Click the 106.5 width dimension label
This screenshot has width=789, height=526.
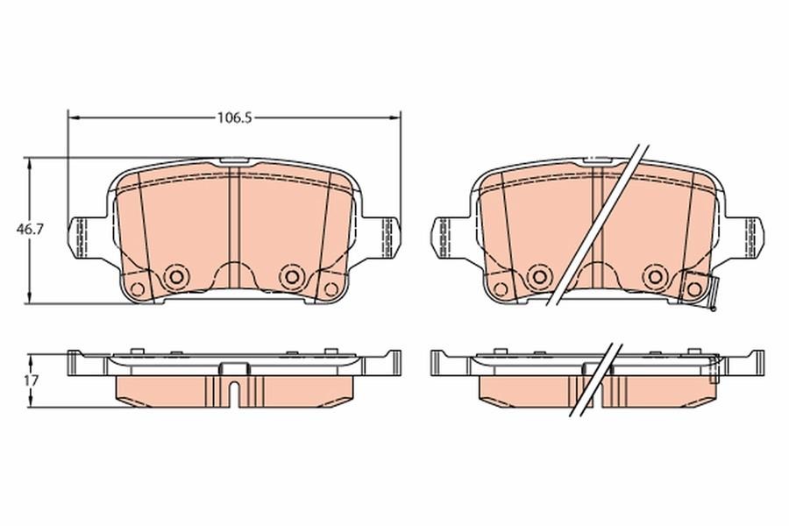pyautogui.click(x=234, y=117)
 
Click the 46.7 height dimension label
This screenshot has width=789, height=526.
pyautogui.click(x=30, y=229)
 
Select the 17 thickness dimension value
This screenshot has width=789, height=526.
pyautogui.click(x=32, y=380)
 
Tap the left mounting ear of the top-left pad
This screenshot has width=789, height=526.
pyautogui.click(x=87, y=238)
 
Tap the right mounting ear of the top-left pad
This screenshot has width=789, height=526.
pyautogui.click(x=381, y=238)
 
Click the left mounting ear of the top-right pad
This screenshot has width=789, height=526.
pyautogui.click(x=451, y=238)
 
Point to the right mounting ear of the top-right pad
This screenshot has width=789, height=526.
pyautogui.click(x=745, y=238)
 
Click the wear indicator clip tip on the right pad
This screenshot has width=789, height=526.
pyautogui.click(x=712, y=307)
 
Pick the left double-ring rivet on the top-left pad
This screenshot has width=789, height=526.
pyautogui.click(x=176, y=276)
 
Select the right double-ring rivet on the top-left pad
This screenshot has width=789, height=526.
pyautogui.click(x=291, y=276)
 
